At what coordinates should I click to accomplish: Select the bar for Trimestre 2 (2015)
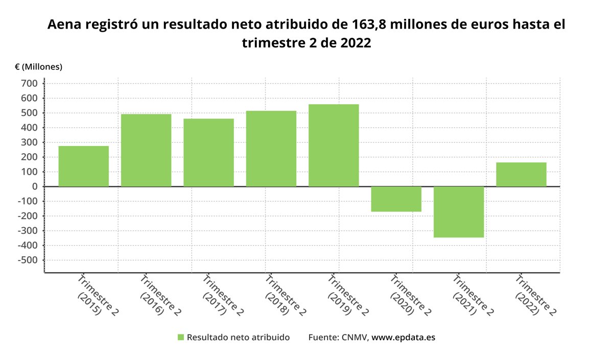(84, 166)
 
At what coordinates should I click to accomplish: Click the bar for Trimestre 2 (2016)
(146, 150)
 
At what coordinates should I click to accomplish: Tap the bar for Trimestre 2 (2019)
(334, 145)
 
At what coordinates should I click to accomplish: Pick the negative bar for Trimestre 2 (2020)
(396, 199)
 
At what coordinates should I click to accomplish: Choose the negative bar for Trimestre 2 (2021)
(459, 212)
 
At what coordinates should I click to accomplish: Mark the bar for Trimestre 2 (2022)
(521, 174)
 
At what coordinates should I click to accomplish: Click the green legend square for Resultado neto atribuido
(180, 338)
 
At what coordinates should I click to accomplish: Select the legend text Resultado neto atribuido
(238, 338)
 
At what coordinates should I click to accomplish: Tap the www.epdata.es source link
(403, 338)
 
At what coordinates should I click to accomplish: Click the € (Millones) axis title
(38, 67)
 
